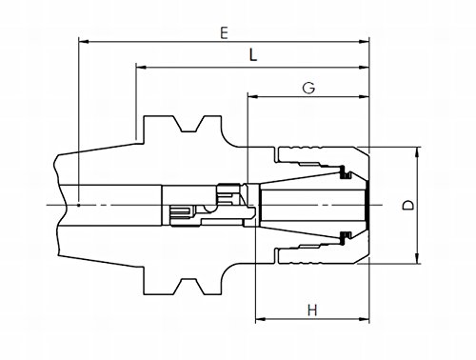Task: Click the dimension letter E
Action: (x=224, y=33)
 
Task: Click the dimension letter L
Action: (x=252, y=55)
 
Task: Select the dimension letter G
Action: (x=308, y=88)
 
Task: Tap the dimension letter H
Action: (x=312, y=310)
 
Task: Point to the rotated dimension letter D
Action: (x=408, y=205)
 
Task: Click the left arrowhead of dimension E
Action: (x=84, y=41)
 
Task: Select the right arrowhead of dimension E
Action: (x=365, y=41)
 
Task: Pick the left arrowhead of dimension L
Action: (x=141, y=68)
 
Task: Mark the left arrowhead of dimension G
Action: (x=252, y=96)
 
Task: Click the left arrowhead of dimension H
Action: (x=261, y=319)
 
